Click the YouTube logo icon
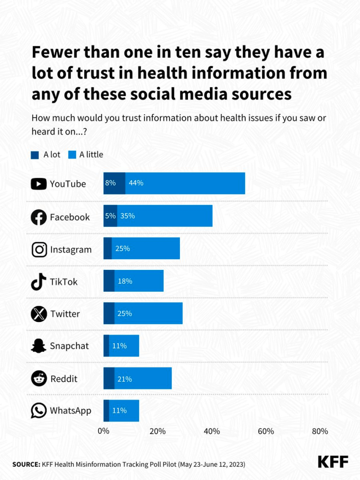coord(38,184)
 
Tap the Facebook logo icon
coord(38,217)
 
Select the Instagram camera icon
coord(39,249)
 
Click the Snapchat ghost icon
coord(38,346)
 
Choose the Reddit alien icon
coord(39,378)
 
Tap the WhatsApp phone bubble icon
coord(38,411)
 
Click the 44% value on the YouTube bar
coord(136,183)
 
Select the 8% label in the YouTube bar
coord(110,183)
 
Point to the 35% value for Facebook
coord(127,216)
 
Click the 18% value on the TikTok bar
coord(125,281)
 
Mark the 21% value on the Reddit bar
coord(125,379)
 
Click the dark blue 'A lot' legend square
coord(35,155)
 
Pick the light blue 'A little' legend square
coord(72,155)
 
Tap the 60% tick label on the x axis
coord(266,431)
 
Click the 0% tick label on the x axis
coord(104,431)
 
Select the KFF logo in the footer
coord(333,462)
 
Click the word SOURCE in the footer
coord(26,464)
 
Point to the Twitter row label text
coord(65,314)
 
